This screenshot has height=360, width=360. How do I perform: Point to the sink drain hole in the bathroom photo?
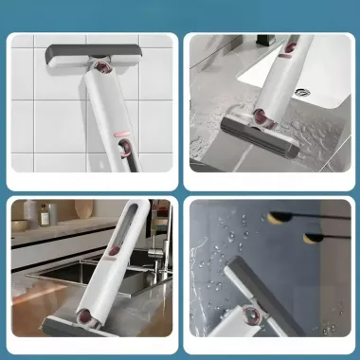point(302,92)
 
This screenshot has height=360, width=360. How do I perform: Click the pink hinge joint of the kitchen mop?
point(99,318)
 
